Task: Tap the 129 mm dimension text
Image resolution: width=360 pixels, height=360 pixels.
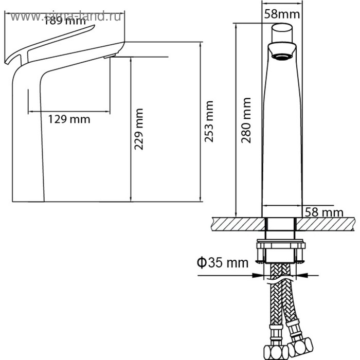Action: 69,119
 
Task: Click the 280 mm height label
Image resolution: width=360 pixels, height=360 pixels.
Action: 247,120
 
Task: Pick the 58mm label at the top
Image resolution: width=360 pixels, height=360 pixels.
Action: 281,14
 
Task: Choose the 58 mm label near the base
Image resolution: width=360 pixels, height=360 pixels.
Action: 323,211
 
